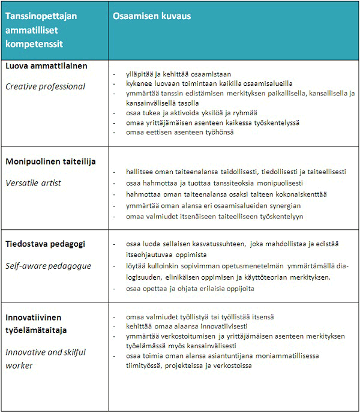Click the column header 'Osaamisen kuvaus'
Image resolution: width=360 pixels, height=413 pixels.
pos(152,16)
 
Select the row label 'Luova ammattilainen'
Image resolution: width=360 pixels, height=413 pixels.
pos(46,65)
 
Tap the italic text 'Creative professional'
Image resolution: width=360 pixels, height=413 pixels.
pos(46,86)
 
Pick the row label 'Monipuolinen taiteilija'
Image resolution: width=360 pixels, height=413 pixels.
pos(51,161)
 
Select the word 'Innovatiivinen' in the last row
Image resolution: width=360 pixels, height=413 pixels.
pos(34,316)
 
